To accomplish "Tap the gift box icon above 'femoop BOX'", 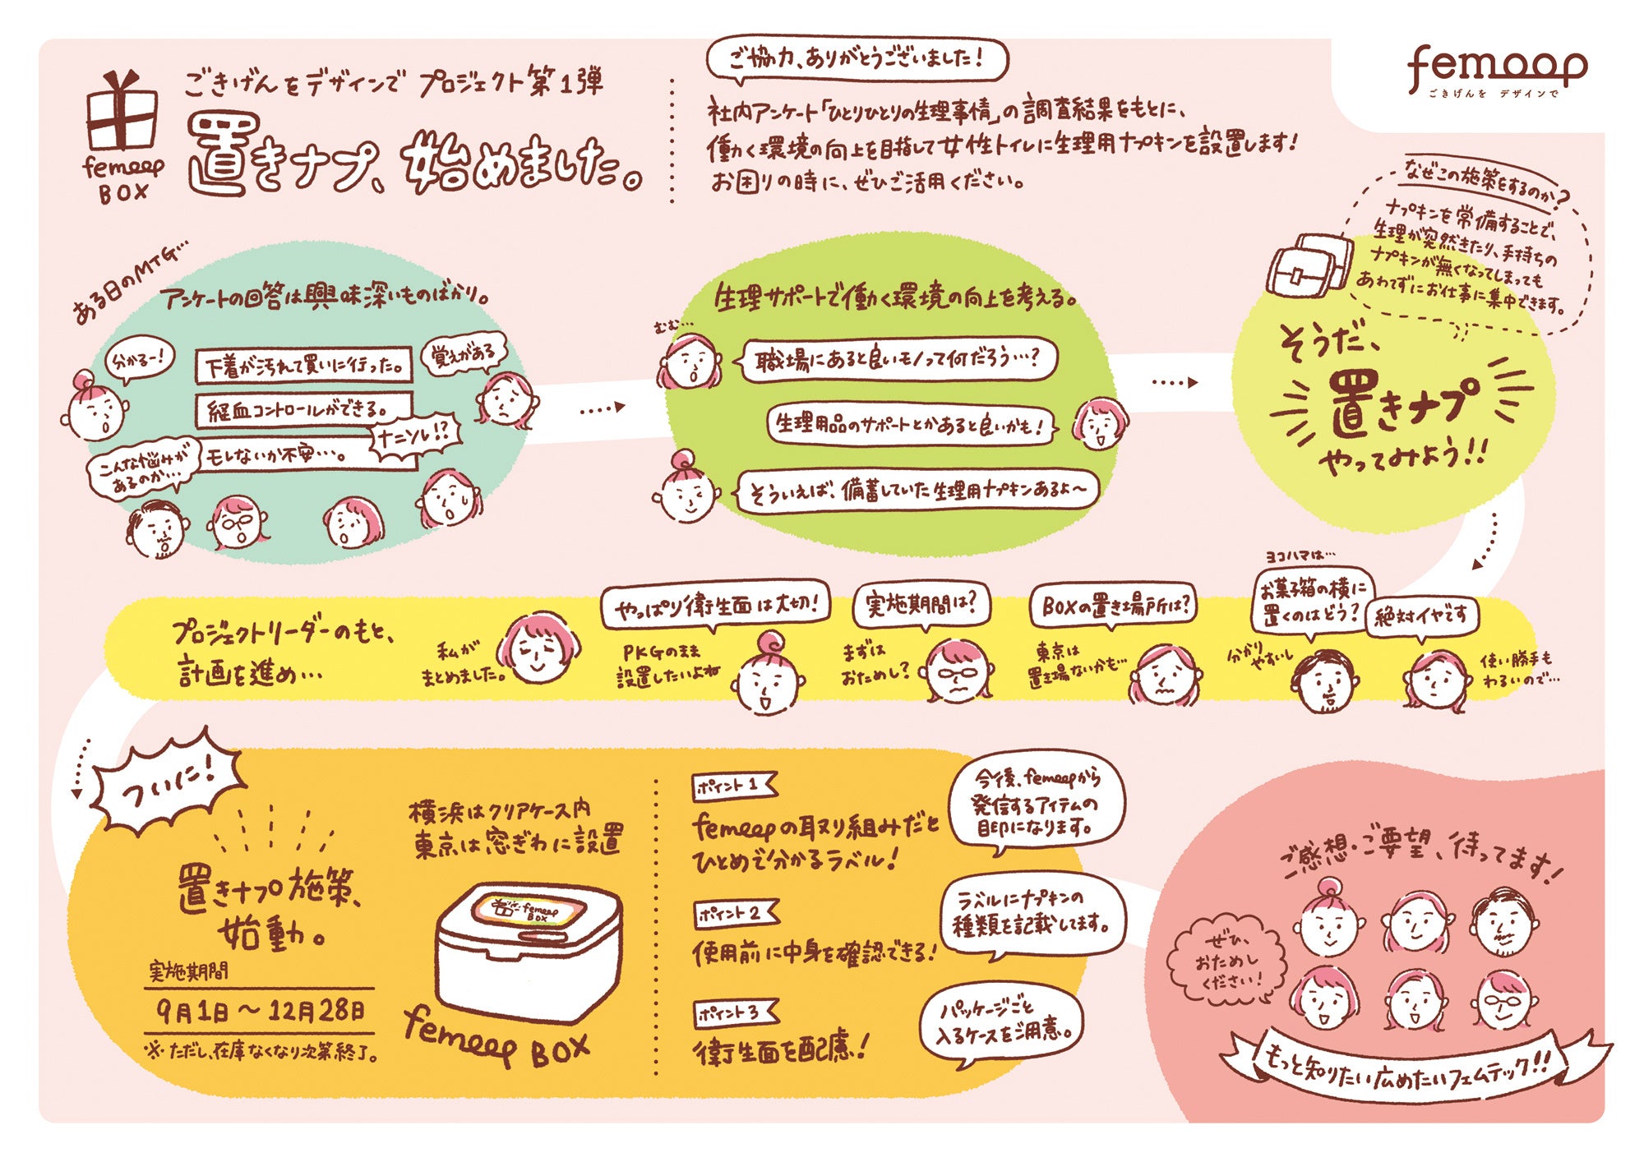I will point(122,111).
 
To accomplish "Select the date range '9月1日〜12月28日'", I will point(260,1010).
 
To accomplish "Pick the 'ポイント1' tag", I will point(732,786).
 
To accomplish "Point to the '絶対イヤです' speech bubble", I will point(1421,616).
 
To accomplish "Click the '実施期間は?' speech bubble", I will point(921,605).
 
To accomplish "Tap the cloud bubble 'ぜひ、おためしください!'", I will point(1226,961).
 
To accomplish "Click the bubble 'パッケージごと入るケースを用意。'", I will point(999,1023).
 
